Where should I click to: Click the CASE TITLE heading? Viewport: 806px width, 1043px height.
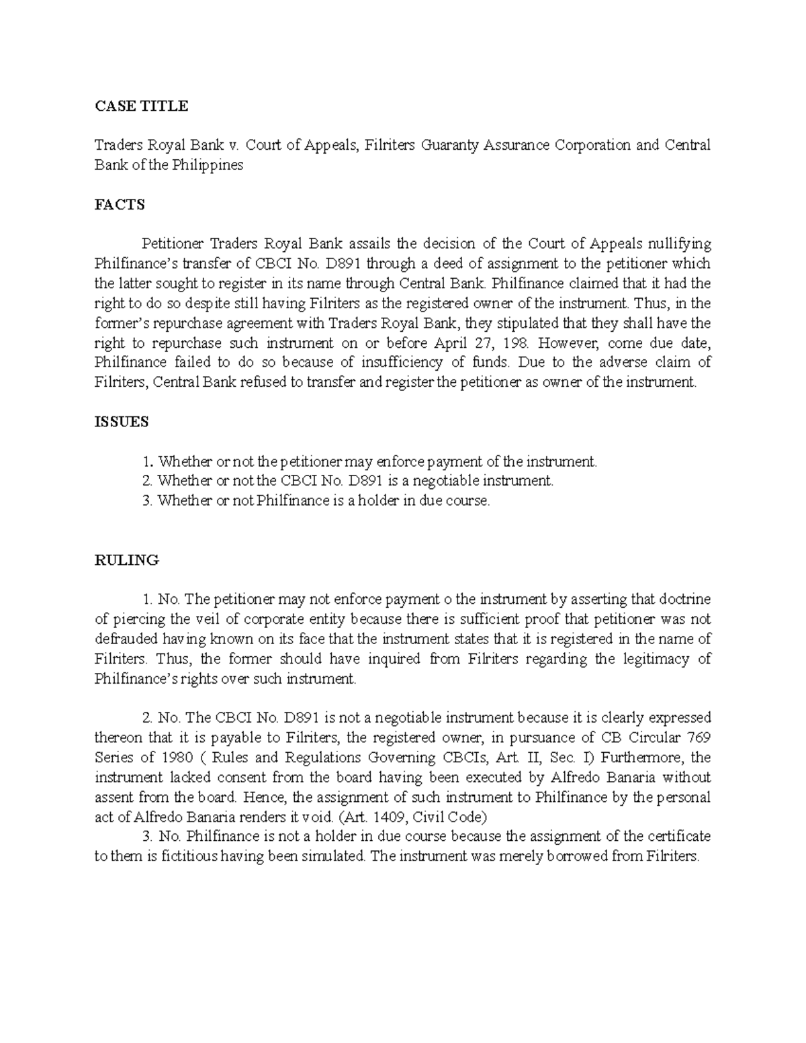pos(141,106)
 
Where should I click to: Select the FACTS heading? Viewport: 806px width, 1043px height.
pos(120,205)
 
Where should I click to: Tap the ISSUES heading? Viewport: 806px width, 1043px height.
pos(122,422)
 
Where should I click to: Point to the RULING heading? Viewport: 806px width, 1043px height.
pos(126,560)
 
